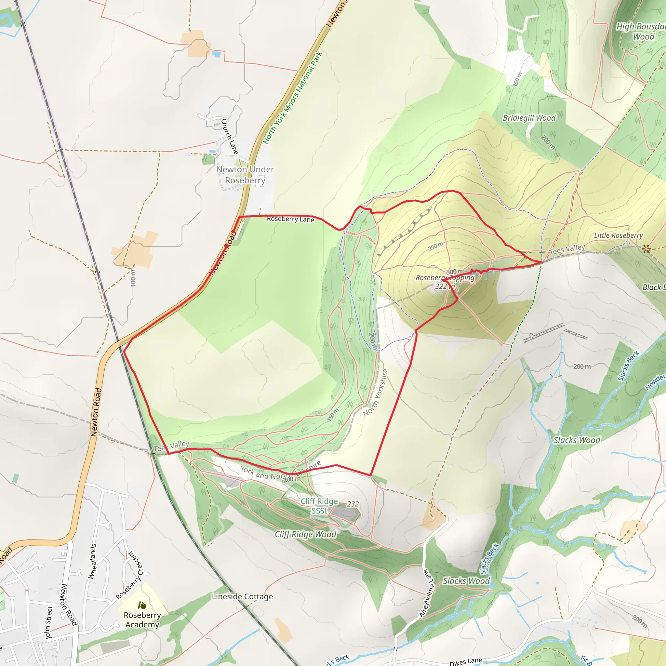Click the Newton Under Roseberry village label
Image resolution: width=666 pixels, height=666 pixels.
pos(245,175)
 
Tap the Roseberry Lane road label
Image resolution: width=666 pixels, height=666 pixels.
pos(290,219)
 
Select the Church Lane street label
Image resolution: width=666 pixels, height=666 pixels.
pos(230,137)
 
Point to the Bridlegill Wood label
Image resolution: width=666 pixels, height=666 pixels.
pos(529,118)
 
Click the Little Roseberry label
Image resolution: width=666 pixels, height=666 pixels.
pos(619,235)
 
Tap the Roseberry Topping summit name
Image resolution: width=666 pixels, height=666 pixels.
pos(445,278)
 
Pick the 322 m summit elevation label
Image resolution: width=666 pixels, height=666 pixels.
pos(445,286)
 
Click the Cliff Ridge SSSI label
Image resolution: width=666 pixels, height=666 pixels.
pos(319,506)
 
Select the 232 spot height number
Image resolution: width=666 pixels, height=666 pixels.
pos(353,504)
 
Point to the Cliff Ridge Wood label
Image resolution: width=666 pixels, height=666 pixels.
pos(305,534)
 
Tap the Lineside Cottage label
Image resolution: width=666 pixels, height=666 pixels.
pos(242,596)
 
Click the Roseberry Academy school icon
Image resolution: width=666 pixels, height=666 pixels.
pos(142,605)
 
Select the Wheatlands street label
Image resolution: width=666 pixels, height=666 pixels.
pos(92,562)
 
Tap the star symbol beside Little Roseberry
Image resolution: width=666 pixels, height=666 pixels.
pos(646,248)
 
